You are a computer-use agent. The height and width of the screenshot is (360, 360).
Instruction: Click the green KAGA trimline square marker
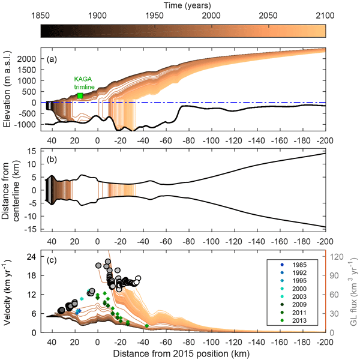[x=80, y=96]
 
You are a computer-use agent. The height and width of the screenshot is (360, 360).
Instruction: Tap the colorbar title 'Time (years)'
[x=179, y=4]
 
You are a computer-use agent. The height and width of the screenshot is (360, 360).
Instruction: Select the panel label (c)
[x=53, y=262]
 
